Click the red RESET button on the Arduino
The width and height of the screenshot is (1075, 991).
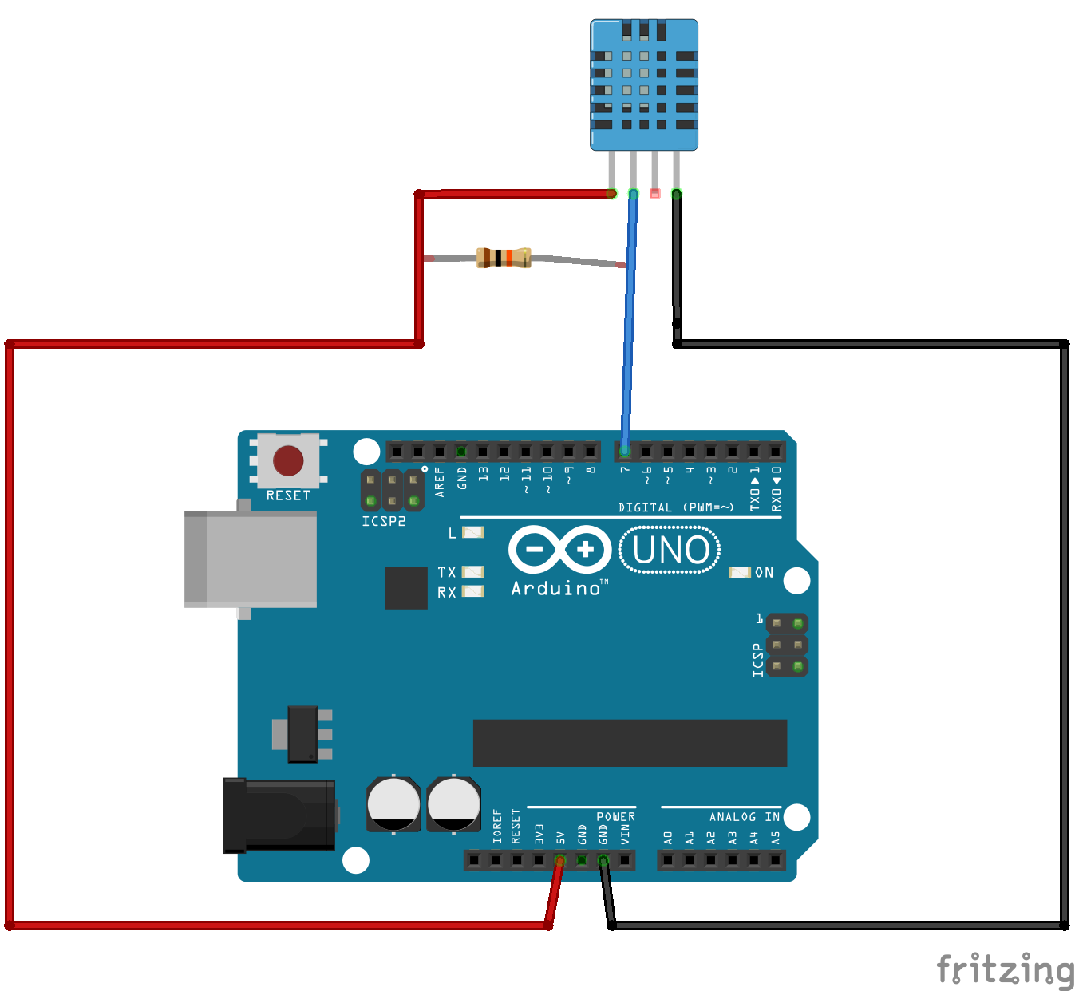[288, 460]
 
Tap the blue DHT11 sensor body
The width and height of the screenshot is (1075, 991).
[643, 85]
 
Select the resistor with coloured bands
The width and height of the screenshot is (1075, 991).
[504, 257]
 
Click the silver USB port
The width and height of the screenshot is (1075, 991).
[251, 559]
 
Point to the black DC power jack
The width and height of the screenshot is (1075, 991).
[279, 815]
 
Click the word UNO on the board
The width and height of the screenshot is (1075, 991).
[670, 550]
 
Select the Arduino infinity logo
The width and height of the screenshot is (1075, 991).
[559, 549]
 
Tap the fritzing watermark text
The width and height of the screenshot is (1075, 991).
[1005, 970]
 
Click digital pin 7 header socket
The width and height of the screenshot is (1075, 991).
[625, 452]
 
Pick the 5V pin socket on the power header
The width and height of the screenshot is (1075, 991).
[560, 860]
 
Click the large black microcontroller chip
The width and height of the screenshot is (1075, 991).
[630, 743]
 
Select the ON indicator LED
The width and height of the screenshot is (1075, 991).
[740, 572]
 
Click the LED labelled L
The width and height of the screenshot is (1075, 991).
[473, 532]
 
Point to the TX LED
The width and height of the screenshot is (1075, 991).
[473, 571]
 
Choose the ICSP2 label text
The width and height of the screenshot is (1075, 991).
[384, 521]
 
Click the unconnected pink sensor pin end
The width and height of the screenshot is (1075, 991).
[655, 193]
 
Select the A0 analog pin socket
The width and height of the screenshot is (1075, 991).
[668, 860]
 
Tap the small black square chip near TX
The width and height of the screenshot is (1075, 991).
[406, 588]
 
